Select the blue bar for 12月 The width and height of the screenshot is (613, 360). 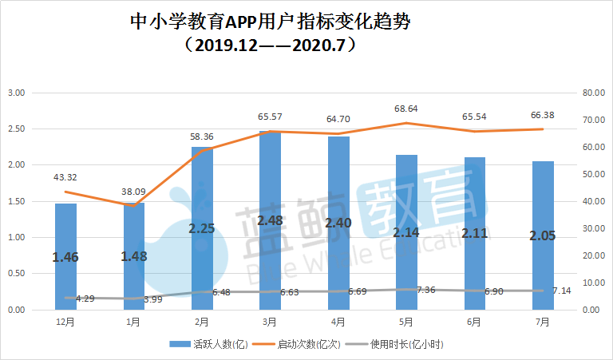pyautogui.click(x=65, y=256)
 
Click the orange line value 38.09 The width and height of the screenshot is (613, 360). pyautogui.click(x=133, y=192)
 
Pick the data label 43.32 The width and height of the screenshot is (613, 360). pyautogui.click(x=65, y=176)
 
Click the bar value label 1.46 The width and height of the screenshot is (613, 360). pyautogui.click(x=65, y=257)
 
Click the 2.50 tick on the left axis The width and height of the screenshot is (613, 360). pyautogui.click(x=16, y=129)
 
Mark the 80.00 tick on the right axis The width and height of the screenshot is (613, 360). pyautogui.click(x=595, y=93)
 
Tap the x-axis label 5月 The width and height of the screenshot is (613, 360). pyautogui.click(x=405, y=322)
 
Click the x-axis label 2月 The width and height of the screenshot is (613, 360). pyautogui.click(x=202, y=322)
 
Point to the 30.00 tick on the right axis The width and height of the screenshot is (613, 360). pyautogui.click(x=595, y=228)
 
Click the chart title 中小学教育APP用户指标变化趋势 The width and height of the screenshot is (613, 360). pyautogui.click(x=270, y=22)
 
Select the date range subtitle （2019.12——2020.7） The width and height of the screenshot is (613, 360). pyautogui.click(x=270, y=44)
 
